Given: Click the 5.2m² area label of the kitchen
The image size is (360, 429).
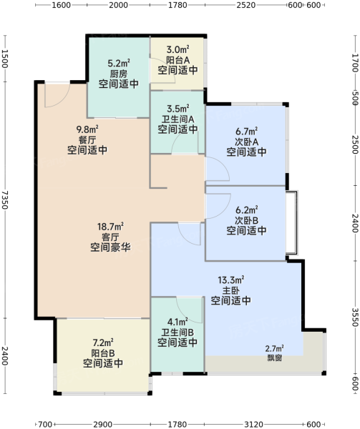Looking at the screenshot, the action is point(119,63).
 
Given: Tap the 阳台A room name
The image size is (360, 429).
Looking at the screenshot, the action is point(178,60).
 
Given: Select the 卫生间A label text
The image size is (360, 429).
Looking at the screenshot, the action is point(178,119).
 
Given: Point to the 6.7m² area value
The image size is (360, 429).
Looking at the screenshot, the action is point(247,132).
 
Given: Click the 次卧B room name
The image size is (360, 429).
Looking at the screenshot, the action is point(247,220).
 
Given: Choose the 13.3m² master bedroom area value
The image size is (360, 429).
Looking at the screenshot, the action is point(230,280).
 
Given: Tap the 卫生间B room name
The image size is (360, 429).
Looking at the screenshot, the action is point(177,332).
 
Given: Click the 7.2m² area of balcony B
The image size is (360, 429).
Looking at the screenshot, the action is point(103,342).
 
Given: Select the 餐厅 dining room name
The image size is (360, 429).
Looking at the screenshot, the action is point(87,140).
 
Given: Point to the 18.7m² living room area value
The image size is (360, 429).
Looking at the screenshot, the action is point(110,227).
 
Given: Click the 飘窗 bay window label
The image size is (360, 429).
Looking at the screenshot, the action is point(275,357).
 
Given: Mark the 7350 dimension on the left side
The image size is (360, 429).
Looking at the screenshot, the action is point(5,200).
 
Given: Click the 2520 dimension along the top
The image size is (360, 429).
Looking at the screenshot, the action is point(245,5).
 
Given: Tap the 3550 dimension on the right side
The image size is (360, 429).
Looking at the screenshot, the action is point(355,317).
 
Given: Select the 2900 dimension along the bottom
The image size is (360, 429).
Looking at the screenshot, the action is point(102,424).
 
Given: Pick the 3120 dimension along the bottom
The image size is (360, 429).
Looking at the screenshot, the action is point(253,424).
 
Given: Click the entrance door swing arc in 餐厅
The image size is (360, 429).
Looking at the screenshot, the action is point(62,101).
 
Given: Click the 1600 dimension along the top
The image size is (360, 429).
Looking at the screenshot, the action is point(62,5).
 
